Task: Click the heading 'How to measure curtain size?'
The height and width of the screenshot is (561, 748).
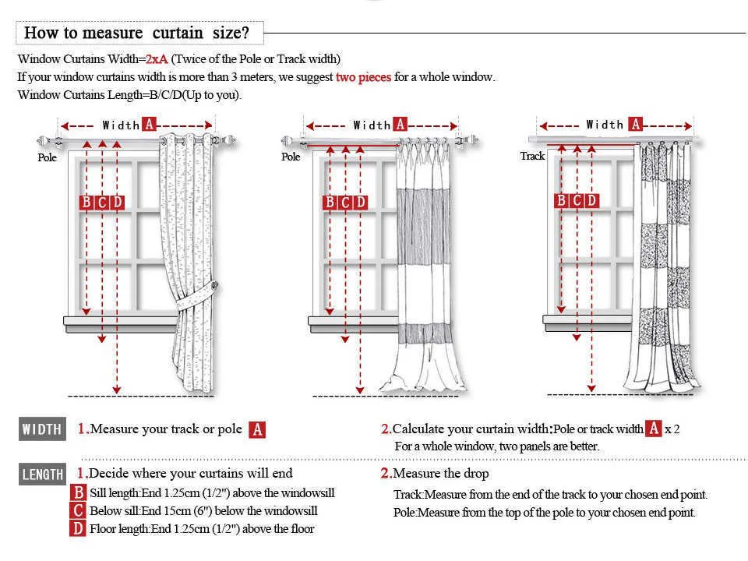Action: [137, 33]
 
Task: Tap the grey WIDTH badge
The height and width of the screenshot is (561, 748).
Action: [42, 429]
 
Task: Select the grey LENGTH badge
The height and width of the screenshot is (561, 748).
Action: [43, 474]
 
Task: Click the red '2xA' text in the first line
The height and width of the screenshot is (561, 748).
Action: [157, 59]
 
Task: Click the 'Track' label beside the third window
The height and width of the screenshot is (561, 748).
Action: [532, 156]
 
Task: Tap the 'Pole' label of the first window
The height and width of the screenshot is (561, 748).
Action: [48, 157]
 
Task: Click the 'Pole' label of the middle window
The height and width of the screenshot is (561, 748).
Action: [291, 157]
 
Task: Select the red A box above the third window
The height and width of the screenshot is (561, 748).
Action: [635, 124]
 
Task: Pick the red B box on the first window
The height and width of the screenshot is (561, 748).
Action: [86, 203]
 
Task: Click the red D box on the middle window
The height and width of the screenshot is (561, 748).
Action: [360, 203]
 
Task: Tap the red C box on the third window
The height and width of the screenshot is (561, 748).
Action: [576, 201]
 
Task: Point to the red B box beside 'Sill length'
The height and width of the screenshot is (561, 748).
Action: [78, 493]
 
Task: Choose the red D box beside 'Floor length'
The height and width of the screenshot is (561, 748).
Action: [78, 529]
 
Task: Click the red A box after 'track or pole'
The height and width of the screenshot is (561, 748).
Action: [257, 429]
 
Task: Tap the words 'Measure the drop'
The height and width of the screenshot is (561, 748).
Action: [440, 474]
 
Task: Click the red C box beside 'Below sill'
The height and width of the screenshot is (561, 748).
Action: [78, 511]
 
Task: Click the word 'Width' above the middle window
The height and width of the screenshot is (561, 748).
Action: [372, 125]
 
